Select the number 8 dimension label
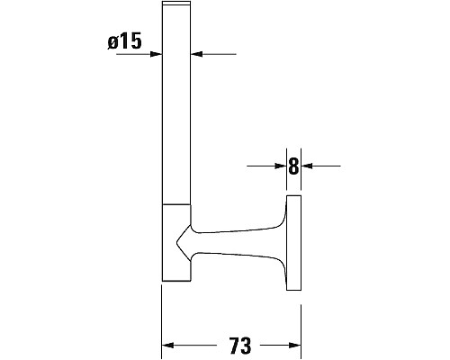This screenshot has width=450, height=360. pos(293,166)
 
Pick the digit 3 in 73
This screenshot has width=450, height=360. pos(245,346)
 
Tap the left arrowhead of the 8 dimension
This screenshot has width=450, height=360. pos(279,166)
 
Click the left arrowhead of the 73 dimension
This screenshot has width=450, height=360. pos(168,346)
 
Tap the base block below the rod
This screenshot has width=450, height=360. pos(175,243)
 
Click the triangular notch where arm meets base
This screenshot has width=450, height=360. pos(183,241)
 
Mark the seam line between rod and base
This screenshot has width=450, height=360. pos(176,204)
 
